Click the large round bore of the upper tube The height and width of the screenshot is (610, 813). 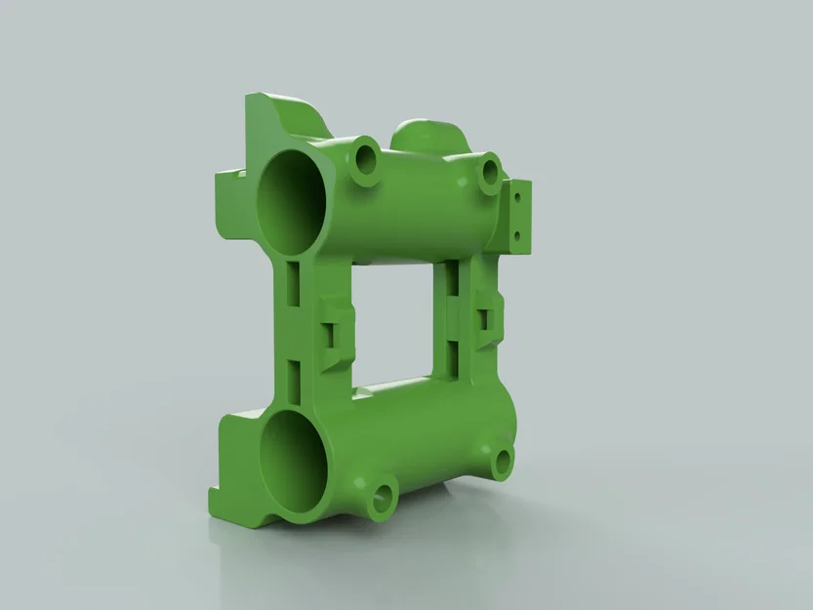[292, 199]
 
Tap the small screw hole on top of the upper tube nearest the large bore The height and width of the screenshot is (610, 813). [368, 157]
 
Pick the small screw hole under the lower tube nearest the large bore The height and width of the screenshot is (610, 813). [380, 498]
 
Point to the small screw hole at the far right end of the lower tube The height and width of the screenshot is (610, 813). [503, 462]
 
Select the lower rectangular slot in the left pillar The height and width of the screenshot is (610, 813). [293, 378]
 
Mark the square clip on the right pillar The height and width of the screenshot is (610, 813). [484, 320]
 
